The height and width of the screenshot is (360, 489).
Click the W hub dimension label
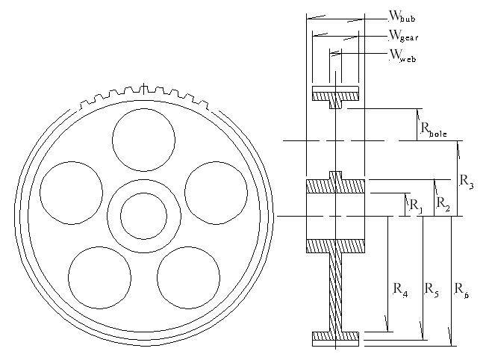[x=402, y=16]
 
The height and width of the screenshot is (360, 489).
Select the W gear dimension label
[x=403, y=36]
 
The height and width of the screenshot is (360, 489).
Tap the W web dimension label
[x=402, y=56]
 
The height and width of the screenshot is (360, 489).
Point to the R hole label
[x=434, y=129]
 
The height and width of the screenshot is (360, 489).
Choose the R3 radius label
[x=467, y=181]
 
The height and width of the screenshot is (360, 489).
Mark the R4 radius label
[x=400, y=290]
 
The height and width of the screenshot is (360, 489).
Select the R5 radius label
[x=432, y=290]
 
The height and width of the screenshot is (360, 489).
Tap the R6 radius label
[x=461, y=290]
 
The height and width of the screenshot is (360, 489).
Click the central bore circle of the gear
[x=144, y=216]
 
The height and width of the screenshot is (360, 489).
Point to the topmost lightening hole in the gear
[x=144, y=140]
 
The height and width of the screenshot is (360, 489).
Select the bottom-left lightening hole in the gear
[x=99, y=277]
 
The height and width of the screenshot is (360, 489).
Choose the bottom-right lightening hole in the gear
[x=188, y=277]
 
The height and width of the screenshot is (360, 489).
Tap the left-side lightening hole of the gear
[x=72, y=193]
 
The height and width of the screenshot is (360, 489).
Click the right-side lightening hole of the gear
[x=216, y=193]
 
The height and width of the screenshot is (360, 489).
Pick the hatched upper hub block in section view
[x=335, y=186]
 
